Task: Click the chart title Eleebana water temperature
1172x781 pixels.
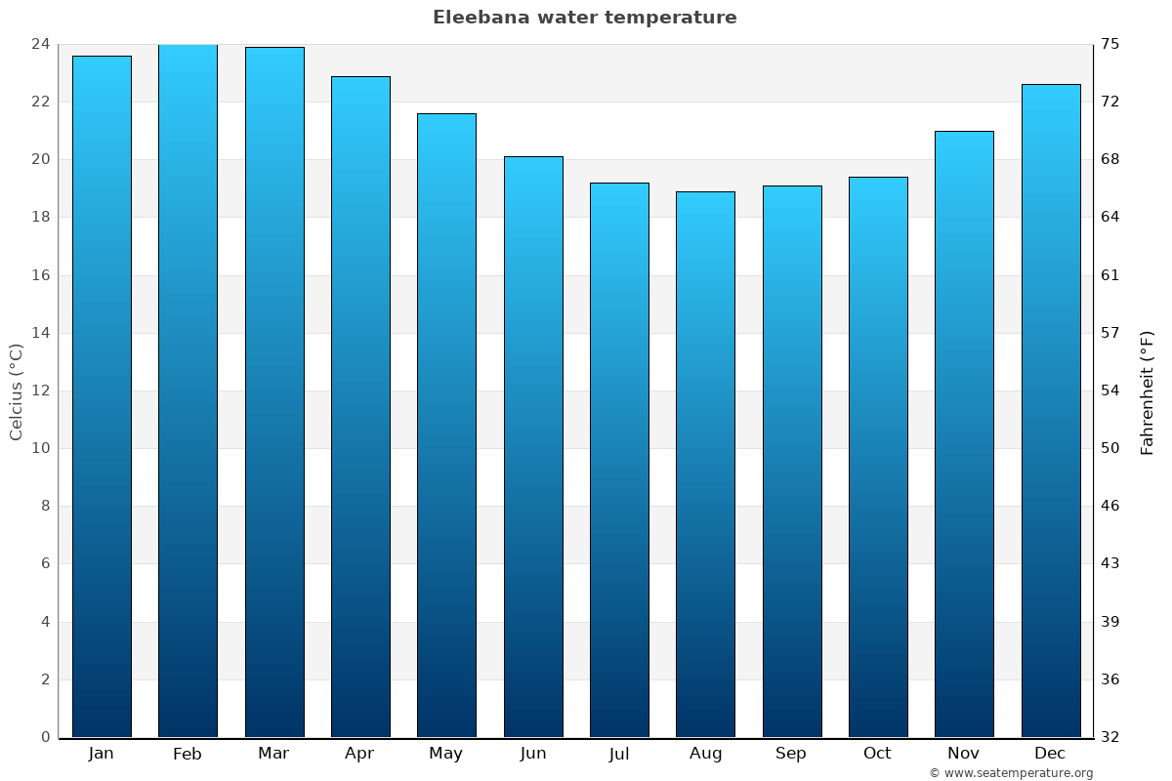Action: click(585, 18)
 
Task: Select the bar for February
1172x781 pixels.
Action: click(188, 390)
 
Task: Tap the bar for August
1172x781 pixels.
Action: click(705, 464)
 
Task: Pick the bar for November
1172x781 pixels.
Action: click(964, 434)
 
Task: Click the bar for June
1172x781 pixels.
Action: click(533, 446)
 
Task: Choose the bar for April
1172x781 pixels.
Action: click(360, 406)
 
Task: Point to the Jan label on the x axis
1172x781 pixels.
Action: click(102, 754)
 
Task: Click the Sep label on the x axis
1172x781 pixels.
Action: click(791, 754)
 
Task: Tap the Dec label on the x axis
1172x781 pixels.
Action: click(1050, 754)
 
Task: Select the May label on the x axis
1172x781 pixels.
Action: click(446, 754)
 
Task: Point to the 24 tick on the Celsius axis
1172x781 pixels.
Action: click(40, 44)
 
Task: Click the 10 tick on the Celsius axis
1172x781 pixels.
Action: click(40, 448)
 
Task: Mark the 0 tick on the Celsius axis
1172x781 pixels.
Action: click(45, 737)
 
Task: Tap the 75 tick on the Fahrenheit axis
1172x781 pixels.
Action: click(1111, 44)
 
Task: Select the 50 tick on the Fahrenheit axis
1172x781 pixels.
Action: click(1111, 448)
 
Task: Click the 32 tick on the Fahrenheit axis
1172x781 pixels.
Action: click(1111, 737)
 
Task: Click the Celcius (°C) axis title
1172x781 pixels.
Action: click(17, 390)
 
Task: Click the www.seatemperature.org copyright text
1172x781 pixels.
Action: click(1011, 773)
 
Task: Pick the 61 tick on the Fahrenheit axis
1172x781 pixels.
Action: click(1111, 275)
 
